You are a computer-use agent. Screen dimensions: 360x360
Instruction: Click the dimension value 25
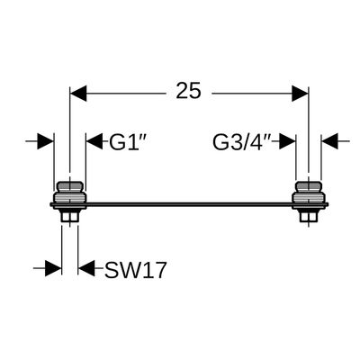188,91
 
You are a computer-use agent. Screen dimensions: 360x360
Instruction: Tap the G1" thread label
128,142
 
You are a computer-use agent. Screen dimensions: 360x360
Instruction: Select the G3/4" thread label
242,142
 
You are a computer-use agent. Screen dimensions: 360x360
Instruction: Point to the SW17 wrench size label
135,270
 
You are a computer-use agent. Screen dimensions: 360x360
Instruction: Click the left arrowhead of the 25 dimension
78,94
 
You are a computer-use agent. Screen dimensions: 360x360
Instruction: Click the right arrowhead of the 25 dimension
301,94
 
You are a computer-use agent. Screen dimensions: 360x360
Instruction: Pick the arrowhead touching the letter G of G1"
94,141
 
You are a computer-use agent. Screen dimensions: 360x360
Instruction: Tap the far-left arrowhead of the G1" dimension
46,141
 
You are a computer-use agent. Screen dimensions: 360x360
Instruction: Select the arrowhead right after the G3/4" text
287,141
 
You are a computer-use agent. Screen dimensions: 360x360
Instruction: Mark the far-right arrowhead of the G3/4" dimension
329,141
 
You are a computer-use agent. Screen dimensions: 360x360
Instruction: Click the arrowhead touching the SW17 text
86,268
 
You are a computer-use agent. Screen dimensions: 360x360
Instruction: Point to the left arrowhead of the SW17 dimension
53,268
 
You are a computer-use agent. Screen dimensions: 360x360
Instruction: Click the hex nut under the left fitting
69,216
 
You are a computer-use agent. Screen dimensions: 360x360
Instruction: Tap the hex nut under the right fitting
309,216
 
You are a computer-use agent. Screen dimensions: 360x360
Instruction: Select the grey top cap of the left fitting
70,186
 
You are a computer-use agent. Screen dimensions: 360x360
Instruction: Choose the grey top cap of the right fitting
309,186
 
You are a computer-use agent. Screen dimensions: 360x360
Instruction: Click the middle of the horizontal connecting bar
189,204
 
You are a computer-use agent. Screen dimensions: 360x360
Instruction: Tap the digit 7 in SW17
159,270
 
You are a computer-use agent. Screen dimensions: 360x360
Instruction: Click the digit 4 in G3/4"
256,142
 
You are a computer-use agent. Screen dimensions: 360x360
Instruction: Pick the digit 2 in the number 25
182,91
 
